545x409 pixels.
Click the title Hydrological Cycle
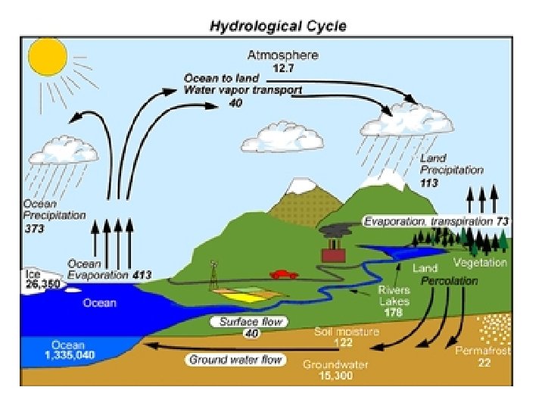click(278, 27)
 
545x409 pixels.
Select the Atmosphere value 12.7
click(284, 67)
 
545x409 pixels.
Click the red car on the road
click(282, 273)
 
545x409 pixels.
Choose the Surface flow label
click(251, 322)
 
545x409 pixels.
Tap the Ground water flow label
click(235, 359)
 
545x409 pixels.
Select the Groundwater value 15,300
click(335, 375)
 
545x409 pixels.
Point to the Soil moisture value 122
click(344, 343)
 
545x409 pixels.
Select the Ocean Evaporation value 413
click(142, 275)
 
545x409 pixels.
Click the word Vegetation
click(480, 263)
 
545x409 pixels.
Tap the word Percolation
click(450, 280)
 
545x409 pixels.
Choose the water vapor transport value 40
click(235, 103)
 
